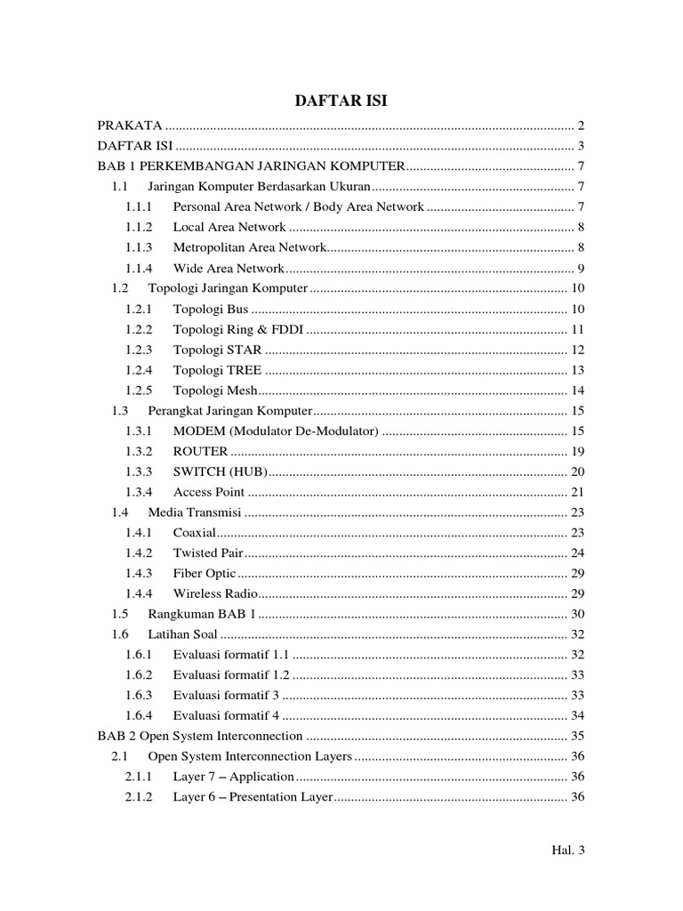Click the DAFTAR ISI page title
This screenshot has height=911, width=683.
341,102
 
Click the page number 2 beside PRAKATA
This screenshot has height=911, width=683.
579,125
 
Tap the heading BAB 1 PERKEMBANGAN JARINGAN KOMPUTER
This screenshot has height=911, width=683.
251,166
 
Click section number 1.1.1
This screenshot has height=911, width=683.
139,207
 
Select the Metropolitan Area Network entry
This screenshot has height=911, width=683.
250,248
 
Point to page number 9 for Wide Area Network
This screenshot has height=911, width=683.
579,269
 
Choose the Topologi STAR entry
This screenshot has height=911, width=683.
218,350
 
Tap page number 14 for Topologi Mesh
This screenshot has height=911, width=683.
576,391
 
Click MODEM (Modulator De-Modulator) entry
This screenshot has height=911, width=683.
276,431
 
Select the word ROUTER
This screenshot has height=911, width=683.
200,452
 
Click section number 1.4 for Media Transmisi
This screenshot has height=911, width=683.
120,512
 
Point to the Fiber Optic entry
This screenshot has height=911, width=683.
205,574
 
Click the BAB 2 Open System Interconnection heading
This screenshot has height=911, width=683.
200,737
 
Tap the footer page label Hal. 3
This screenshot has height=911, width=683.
567,851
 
